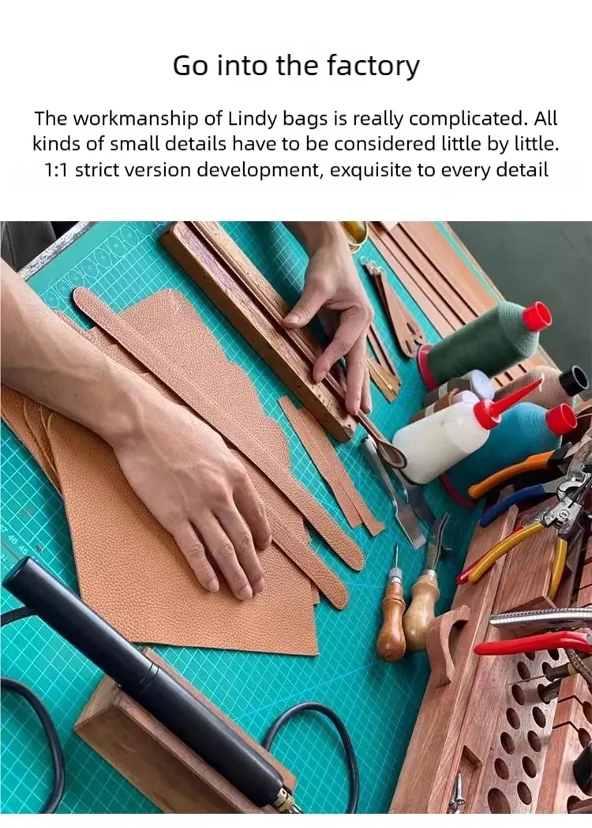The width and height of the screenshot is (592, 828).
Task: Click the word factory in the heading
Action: coord(373,66)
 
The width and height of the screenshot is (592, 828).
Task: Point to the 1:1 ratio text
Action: coord(56,170)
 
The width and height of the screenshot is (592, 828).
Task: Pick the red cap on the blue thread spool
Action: coord(561,420)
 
